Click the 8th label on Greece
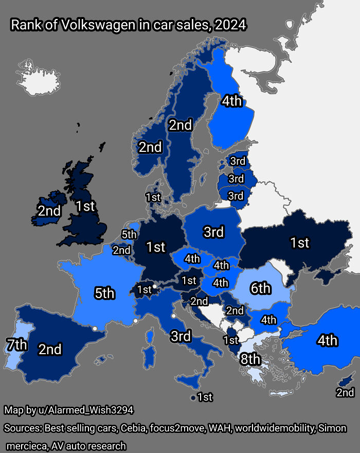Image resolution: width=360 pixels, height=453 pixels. (x=250, y=359)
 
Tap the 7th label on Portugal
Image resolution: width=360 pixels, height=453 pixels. (x=16, y=344)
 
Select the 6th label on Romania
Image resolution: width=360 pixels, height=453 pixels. (x=260, y=289)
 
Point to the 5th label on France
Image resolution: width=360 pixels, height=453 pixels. (x=104, y=293)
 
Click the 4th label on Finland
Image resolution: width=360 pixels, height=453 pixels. (x=231, y=101)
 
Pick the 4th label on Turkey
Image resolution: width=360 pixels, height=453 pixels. (x=327, y=340)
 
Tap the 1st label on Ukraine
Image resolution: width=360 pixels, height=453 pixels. (x=299, y=242)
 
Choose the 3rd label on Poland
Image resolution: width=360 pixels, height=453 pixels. (x=213, y=232)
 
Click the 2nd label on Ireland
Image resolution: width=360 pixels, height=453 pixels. (x=49, y=211)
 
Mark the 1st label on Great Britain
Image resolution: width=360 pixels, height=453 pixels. (x=85, y=206)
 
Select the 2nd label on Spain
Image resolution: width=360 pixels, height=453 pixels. (x=50, y=350)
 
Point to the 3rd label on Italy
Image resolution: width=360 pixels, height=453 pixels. (x=181, y=337)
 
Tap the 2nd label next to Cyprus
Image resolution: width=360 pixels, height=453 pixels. (x=345, y=393)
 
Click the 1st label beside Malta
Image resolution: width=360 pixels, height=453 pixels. (x=205, y=397)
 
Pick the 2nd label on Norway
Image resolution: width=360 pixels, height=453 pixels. (x=150, y=148)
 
